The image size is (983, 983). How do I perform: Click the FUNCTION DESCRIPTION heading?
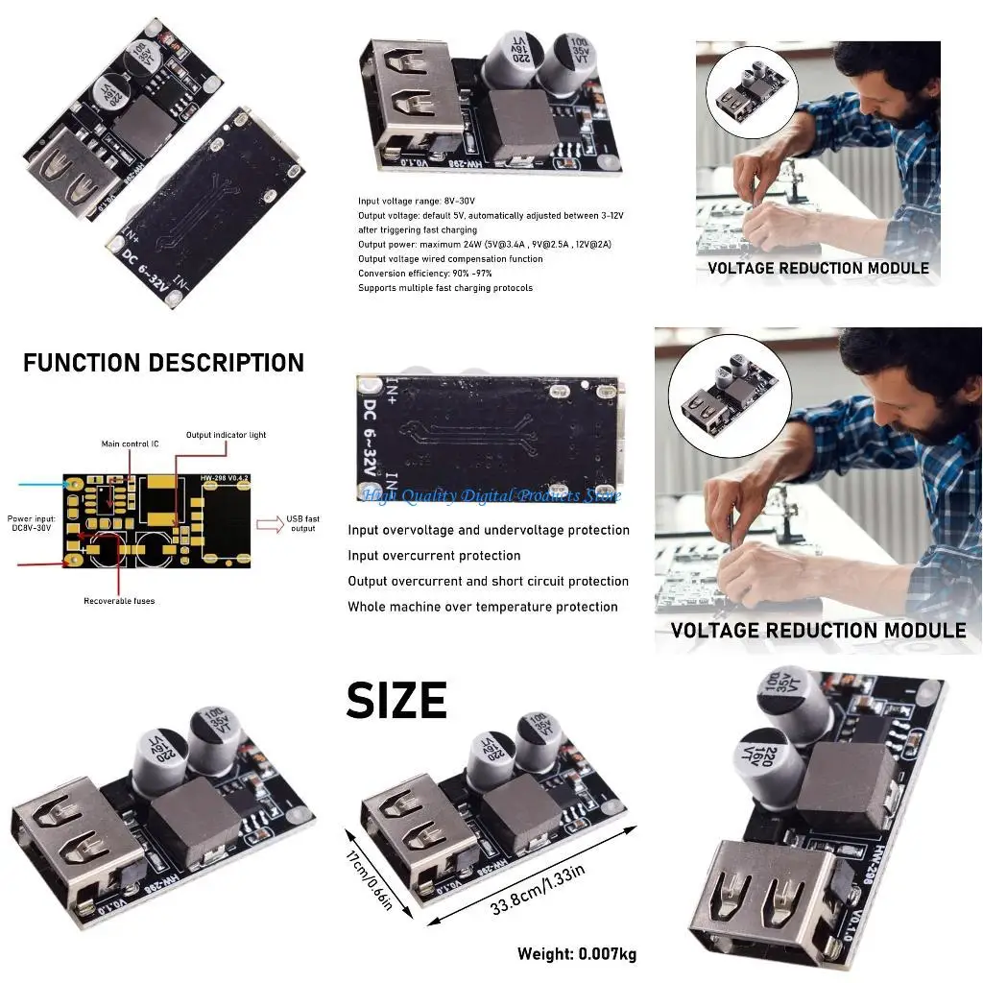pos(163,363)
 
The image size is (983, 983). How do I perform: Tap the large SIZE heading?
pos(396,702)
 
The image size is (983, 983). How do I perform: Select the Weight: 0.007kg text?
pos(576,953)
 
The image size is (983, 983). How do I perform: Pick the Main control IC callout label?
pos(130,444)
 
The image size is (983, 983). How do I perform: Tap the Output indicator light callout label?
pos(226,435)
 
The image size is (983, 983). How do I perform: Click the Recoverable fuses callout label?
pos(119,601)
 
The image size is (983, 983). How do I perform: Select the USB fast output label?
pos(302,523)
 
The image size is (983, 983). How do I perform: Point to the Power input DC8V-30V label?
pos(32,523)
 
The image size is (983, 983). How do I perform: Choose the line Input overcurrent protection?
pos(434,556)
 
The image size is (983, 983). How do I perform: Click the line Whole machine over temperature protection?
pos(482,607)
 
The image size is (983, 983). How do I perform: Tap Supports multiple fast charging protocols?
pos(445,288)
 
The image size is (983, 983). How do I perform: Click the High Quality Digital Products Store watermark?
pos(491,495)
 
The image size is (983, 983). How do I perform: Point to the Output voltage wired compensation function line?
pos(450,259)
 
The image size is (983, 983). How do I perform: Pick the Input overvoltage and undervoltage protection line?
pos(489,530)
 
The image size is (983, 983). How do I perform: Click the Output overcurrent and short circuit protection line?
pos(488,581)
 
